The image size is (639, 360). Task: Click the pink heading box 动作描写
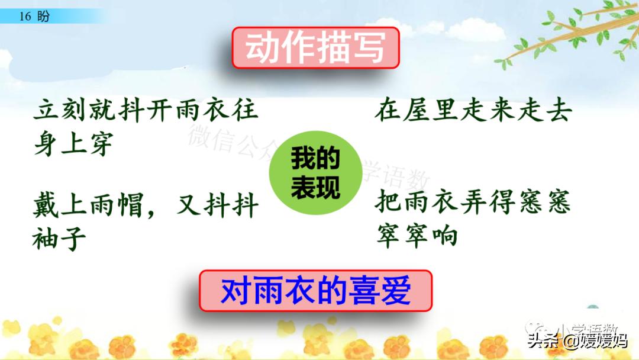[x=315, y=47]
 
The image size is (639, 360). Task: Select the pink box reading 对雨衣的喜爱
[x=315, y=291]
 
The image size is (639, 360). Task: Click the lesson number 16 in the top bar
[x=25, y=17]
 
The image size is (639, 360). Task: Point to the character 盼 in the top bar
[x=43, y=17]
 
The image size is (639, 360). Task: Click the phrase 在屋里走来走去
[x=472, y=111]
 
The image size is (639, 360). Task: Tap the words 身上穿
[x=73, y=144]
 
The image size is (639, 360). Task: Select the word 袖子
[x=60, y=239]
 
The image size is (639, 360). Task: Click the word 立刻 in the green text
[x=60, y=111]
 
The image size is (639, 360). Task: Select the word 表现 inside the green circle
[x=315, y=189]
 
